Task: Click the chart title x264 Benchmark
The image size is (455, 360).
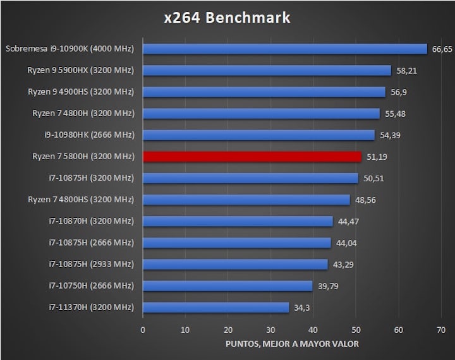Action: (227, 18)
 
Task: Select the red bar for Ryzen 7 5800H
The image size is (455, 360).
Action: (252, 157)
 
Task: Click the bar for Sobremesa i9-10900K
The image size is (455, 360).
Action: (285, 49)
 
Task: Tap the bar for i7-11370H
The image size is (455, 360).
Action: (216, 308)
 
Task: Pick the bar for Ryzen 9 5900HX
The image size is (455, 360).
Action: (267, 70)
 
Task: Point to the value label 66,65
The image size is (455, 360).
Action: (442, 49)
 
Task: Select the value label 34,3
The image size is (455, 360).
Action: (301, 308)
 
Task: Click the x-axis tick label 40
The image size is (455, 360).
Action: (313, 330)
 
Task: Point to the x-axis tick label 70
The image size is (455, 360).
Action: (441, 330)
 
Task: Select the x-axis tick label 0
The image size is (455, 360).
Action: (143, 330)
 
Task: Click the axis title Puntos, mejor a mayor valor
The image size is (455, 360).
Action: (292, 344)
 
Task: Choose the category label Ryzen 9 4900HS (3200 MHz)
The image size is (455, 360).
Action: (81, 92)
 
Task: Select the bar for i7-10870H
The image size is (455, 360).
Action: (238, 221)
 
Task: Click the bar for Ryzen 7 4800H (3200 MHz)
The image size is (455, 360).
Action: (261, 114)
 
